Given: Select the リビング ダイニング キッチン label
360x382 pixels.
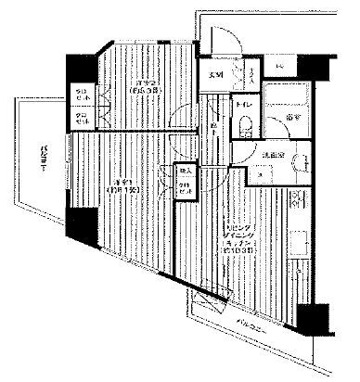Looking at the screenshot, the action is (x=231, y=239).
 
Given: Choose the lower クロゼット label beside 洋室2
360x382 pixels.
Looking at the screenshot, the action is (x=82, y=117).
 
